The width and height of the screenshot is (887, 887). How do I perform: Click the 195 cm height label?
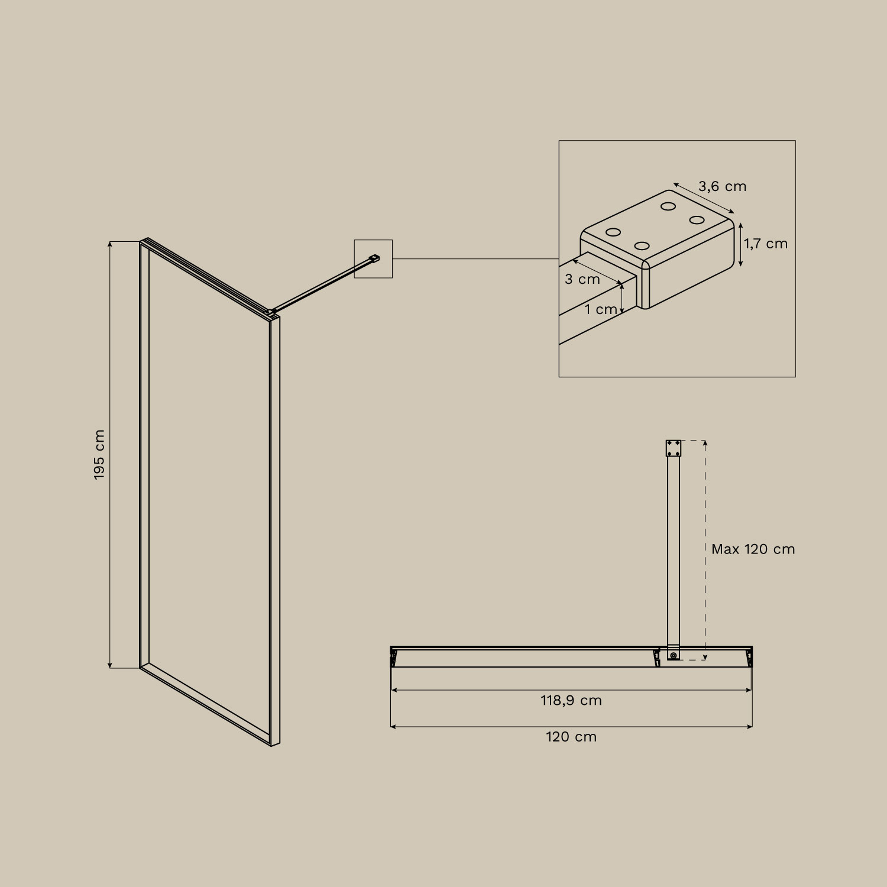coord(99,454)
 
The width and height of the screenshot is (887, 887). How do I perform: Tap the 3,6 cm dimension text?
coord(722,186)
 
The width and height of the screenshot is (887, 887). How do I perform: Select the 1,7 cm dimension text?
coord(766,244)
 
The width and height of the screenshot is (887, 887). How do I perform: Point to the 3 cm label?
coord(582,279)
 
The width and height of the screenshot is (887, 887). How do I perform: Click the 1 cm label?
coord(601,309)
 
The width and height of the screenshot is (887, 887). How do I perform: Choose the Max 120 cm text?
coord(753,549)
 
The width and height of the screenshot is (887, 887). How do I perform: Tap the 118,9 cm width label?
coord(571,701)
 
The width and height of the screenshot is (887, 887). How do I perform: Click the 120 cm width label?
coord(571,737)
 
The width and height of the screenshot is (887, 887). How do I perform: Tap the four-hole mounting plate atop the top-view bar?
coord(674,448)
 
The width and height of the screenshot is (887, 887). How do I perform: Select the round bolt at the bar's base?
coord(673,655)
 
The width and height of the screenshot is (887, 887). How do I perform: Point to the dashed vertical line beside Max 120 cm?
coord(705,503)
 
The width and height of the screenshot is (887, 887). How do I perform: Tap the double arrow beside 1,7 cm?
coord(740,244)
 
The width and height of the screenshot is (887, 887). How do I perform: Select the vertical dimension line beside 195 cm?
coord(110,454)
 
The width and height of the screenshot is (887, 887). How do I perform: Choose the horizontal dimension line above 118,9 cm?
coord(571,689)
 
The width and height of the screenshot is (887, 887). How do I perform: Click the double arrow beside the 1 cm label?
coord(622,298)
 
